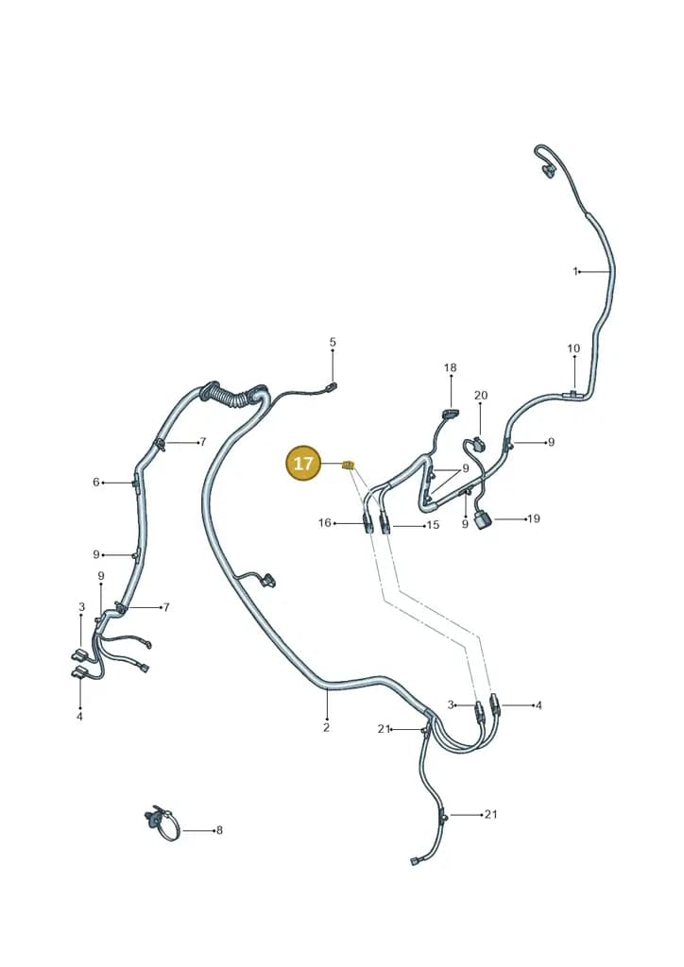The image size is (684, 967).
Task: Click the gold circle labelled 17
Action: [x=303, y=463]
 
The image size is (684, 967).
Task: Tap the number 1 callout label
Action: [x=575, y=271]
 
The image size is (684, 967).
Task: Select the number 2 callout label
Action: [x=326, y=728]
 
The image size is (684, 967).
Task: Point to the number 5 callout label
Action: [x=333, y=342]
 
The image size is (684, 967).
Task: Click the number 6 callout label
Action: [x=96, y=483]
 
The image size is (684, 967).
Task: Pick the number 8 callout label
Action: [x=219, y=831]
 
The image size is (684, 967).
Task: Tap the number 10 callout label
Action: [x=573, y=348]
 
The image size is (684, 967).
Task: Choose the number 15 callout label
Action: [x=433, y=525]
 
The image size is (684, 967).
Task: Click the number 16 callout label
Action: [x=324, y=523]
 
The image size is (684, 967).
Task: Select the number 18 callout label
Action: [x=451, y=367]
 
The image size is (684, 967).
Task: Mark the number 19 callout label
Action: [x=534, y=518]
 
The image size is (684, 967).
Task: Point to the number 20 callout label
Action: [x=481, y=396]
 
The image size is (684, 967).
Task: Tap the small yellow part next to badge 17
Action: [x=349, y=464]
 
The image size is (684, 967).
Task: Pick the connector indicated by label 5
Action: [x=332, y=387]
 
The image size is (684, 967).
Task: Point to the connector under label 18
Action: [x=451, y=414]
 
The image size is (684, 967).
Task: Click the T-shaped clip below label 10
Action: [x=573, y=393]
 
